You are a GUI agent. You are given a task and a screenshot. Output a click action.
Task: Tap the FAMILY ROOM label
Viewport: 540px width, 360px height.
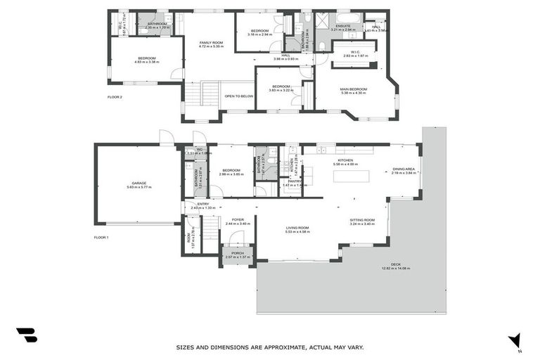tap(211, 43)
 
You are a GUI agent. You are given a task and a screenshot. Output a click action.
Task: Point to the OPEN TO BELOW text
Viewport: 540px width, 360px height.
tap(238, 96)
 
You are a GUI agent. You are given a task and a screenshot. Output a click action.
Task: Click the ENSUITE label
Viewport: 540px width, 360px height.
tap(344, 26)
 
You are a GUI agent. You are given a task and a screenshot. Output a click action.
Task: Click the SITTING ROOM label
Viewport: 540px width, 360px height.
tap(362, 220)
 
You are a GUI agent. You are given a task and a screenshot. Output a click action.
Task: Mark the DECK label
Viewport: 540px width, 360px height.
tap(396, 264)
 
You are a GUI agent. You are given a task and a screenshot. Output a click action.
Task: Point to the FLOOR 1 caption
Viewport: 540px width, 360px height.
tap(101, 238)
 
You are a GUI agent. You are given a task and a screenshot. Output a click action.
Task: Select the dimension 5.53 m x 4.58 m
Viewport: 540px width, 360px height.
tap(297, 232)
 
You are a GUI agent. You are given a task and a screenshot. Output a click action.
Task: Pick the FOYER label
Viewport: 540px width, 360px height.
tap(238, 219)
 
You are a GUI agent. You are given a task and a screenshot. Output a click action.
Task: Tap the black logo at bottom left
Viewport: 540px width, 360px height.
tap(27, 335)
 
